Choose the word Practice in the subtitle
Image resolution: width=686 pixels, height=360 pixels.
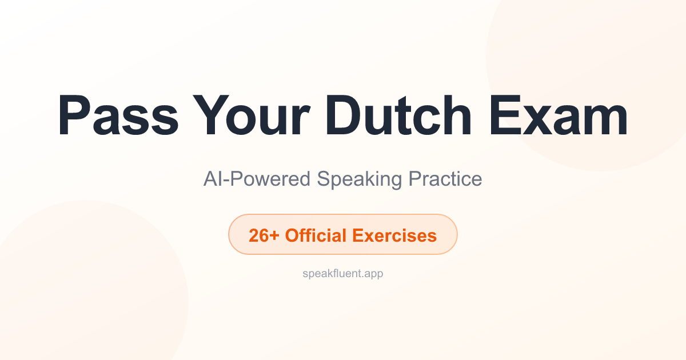(x=445, y=179)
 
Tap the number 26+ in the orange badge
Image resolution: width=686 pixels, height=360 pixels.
(x=264, y=235)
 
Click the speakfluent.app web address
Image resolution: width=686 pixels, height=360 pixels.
(x=343, y=274)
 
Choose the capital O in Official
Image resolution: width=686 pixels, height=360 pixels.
(x=292, y=235)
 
